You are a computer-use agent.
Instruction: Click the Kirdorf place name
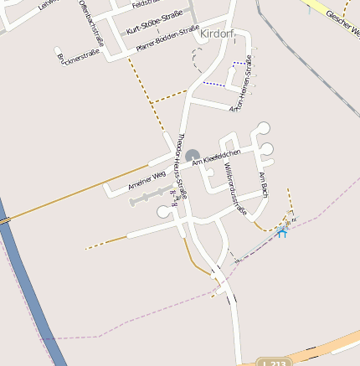(x=218, y=33)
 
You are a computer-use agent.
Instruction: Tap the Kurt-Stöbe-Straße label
(x=154, y=23)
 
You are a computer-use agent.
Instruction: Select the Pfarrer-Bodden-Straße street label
(x=167, y=39)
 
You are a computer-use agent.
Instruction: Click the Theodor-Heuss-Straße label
(x=180, y=164)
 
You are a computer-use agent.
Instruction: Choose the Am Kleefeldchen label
(x=217, y=157)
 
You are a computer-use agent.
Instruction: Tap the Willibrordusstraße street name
(x=234, y=189)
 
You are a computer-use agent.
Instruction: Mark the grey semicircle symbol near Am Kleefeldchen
(x=193, y=156)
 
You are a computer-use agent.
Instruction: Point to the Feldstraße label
(x=145, y=4)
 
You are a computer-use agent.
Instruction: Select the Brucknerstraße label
(x=80, y=56)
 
